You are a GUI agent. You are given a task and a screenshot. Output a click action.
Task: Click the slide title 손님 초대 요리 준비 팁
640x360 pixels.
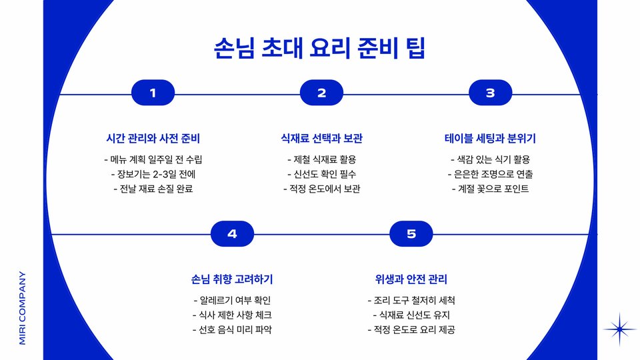[320, 49]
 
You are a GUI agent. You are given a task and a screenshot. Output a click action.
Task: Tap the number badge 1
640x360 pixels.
[153, 93]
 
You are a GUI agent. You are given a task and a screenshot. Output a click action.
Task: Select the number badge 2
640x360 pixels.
[321, 93]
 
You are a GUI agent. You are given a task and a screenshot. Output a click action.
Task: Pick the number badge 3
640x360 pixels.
[490, 93]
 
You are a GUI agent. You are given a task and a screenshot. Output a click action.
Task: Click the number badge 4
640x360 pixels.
[232, 233]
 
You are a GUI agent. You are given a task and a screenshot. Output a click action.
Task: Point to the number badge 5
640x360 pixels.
[411, 233]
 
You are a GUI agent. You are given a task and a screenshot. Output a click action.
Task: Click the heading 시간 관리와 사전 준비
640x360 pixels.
[153, 139]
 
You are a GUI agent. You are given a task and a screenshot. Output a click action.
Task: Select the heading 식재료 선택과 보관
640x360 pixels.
[322, 139]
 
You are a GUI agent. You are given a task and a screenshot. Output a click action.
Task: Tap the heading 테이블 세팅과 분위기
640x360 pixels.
[490, 139]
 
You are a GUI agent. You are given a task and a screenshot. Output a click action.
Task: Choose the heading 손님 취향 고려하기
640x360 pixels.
[232, 279]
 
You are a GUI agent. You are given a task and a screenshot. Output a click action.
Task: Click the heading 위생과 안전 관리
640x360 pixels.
[411, 279]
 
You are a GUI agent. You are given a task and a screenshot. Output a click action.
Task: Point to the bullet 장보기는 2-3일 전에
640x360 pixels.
[153, 174]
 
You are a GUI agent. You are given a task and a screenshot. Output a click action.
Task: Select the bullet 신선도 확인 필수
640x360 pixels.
[322, 174]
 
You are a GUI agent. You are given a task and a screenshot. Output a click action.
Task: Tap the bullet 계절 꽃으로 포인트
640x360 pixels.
[490, 189]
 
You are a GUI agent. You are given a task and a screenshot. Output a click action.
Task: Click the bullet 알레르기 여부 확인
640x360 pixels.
[232, 300]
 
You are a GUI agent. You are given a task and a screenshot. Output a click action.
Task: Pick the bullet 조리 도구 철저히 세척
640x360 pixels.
[411, 300]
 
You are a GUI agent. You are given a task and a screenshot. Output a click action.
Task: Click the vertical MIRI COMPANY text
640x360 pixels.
[22, 307]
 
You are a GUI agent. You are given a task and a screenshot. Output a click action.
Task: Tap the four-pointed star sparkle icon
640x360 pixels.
[620, 329]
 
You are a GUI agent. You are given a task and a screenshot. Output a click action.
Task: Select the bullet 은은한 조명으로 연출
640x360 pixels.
[490, 174]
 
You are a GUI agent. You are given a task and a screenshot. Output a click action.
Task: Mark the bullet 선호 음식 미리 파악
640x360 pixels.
[232, 329]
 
